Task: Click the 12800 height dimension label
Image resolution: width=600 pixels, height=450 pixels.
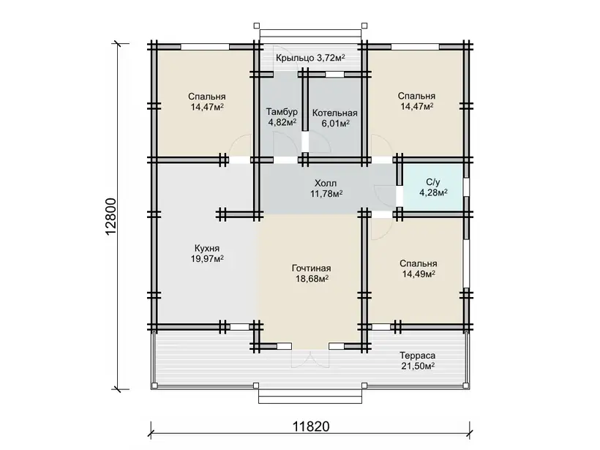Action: [x=110, y=217]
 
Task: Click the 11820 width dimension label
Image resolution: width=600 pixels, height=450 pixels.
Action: [x=311, y=426]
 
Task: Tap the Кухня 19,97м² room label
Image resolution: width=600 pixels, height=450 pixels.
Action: [x=207, y=253]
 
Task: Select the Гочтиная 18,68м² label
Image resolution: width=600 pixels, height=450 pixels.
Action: [x=312, y=273]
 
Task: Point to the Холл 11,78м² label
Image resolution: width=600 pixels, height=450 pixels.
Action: [x=326, y=188]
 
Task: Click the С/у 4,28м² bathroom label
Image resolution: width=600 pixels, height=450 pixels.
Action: [x=433, y=187]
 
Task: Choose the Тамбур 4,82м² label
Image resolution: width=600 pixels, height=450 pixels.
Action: [x=282, y=117]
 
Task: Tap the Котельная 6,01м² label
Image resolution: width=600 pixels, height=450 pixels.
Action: [x=335, y=118]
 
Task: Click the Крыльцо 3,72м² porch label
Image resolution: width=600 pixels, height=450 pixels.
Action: [x=311, y=58]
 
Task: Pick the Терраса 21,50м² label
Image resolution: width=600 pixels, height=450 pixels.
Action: [x=418, y=361]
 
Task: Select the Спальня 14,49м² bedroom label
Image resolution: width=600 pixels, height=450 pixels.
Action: [x=419, y=269]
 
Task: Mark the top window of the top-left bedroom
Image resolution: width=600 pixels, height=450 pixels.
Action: [x=205, y=47]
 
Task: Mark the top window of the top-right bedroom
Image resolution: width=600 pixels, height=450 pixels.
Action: [x=415, y=47]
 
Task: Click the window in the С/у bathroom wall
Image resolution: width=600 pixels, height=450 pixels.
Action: [x=466, y=187]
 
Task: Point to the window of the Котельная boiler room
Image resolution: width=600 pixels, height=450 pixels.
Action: [x=334, y=75]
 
